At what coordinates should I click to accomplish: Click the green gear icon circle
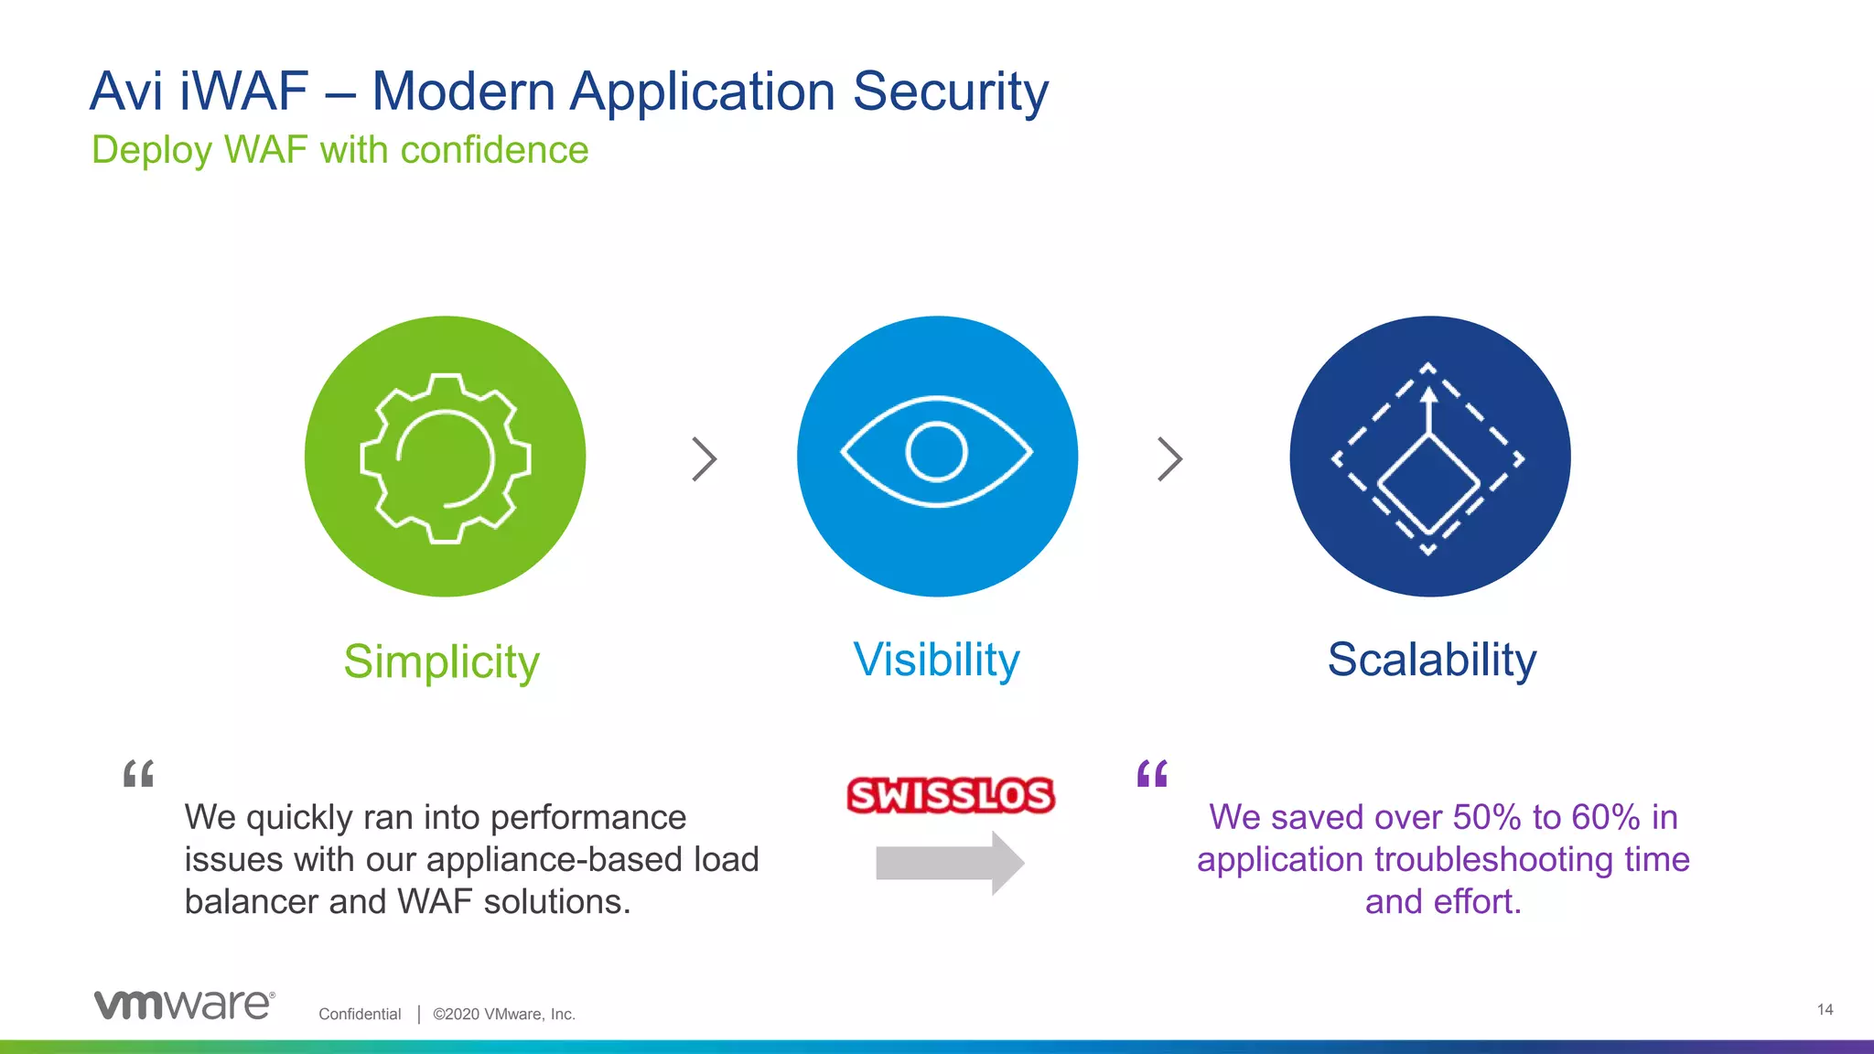(445, 457)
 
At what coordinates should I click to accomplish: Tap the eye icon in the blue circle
(936, 452)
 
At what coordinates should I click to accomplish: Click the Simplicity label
(441, 661)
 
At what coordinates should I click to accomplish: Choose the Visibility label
(936, 660)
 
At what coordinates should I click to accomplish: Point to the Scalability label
(1431, 660)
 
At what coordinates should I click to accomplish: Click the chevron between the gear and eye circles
(704, 459)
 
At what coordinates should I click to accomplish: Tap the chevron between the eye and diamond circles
(1169, 459)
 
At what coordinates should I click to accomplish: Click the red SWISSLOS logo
(950, 795)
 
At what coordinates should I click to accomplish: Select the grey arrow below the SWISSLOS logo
(949, 863)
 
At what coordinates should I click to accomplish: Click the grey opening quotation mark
(138, 774)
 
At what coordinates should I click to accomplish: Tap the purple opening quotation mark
(1152, 774)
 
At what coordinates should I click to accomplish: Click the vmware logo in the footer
(184, 1005)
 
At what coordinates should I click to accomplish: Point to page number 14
(1825, 1009)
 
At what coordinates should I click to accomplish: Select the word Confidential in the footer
(360, 1014)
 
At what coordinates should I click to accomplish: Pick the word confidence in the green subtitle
(494, 150)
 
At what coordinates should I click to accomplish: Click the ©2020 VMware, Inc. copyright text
(503, 1014)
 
